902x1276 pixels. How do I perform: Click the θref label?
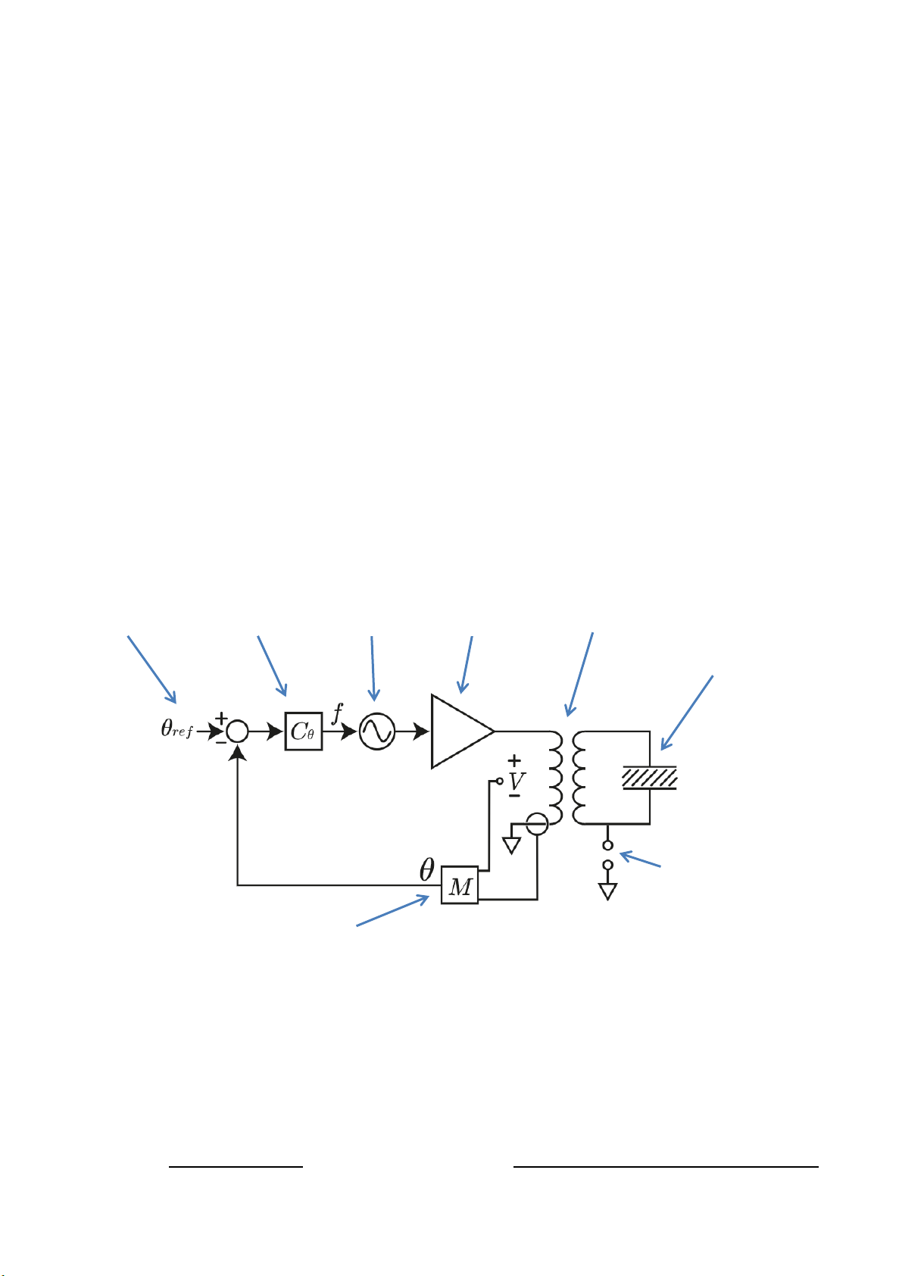(176, 728)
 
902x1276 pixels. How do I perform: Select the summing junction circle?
(237, 722)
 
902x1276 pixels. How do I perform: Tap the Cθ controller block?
(304, 731)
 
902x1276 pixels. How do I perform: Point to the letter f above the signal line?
(337, 713)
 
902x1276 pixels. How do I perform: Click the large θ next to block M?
(427, 869)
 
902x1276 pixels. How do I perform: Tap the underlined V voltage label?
(517, 782)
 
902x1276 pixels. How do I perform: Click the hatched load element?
(650, 778)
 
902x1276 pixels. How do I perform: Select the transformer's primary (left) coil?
(556, 778)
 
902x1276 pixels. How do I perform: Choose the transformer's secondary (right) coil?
(579, 778)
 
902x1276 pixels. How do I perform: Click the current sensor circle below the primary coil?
(537, 813)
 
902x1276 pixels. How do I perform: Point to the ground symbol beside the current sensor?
(512, 845)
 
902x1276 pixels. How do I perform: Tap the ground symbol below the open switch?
(608, 891)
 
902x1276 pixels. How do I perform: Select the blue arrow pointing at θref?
(151, 670)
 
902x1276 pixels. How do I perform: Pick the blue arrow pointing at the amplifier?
(466, 665)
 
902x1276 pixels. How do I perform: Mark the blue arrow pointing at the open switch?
(640, 859)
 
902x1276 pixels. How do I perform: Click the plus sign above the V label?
(514, 760)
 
